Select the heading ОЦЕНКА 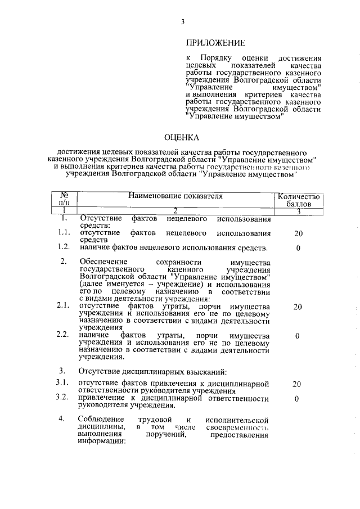click(x=182, y=137)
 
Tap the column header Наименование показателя click(x=175, y=196)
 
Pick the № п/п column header click(x=64, y=200)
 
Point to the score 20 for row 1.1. click(x=298, y=233)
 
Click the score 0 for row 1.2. click(x=298, y=248)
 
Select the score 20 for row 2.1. click(x=298, y=307)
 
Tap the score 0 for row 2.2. click(x=298, y=336)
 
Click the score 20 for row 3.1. click(x=298, y=384)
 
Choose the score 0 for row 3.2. click(x=298, y=399)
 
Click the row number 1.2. click(x=64, y=247)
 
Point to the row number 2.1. click(x=64, y=306)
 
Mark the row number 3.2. click(x=64, y=398)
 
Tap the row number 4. click(x=64, y=420)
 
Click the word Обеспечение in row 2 click(x=104, y=262)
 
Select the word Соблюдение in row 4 click(x=102, y=420)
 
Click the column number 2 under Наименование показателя click(x=175, y=210)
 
